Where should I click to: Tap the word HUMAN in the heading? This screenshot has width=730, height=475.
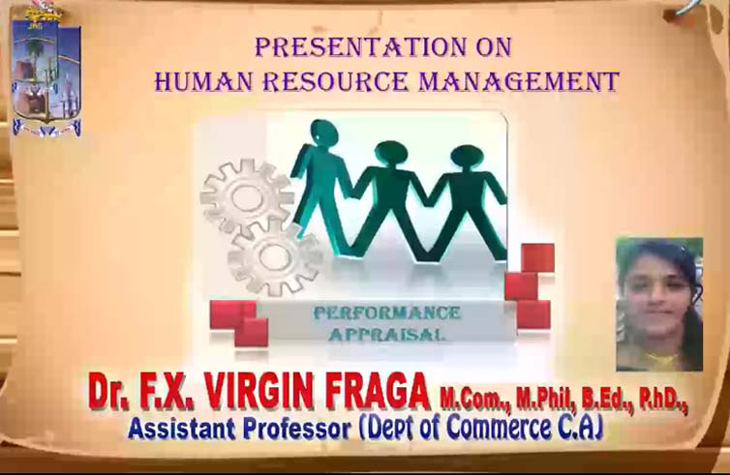(x=203, y=81)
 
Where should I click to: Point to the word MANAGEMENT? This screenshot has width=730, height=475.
(x=519, y=81)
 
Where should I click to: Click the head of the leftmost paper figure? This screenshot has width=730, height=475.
(x=324, y=132)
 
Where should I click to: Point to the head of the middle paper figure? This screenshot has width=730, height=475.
(x=391, y=154)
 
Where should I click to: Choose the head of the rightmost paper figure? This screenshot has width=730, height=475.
(x=467, y=158)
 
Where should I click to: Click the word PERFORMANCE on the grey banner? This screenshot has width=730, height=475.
(x=387, y=313)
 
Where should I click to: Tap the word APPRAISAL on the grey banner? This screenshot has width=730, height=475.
(x=385, y=334)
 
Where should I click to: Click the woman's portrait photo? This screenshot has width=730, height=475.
(x=659, y=305)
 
